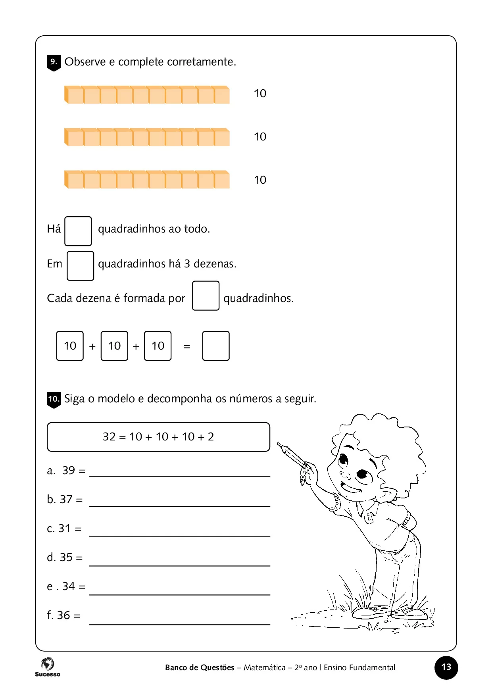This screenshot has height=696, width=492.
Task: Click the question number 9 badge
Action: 54,62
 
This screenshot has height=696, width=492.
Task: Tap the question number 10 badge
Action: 54,399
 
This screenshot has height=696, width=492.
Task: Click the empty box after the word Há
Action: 78,231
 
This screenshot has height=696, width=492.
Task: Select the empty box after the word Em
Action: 80,266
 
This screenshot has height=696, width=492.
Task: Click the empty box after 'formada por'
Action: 206,296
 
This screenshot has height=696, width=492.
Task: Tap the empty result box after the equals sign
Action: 216,346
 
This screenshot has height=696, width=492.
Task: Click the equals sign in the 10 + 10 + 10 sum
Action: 186,347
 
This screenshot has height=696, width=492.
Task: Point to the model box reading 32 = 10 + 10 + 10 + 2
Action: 158,437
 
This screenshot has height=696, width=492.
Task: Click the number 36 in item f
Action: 63,615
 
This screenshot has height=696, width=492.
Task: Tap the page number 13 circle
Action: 446,667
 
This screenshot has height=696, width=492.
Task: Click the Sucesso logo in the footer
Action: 48,667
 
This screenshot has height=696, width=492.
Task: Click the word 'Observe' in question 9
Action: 85,62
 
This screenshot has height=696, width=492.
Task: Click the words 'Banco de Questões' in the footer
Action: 200,667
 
